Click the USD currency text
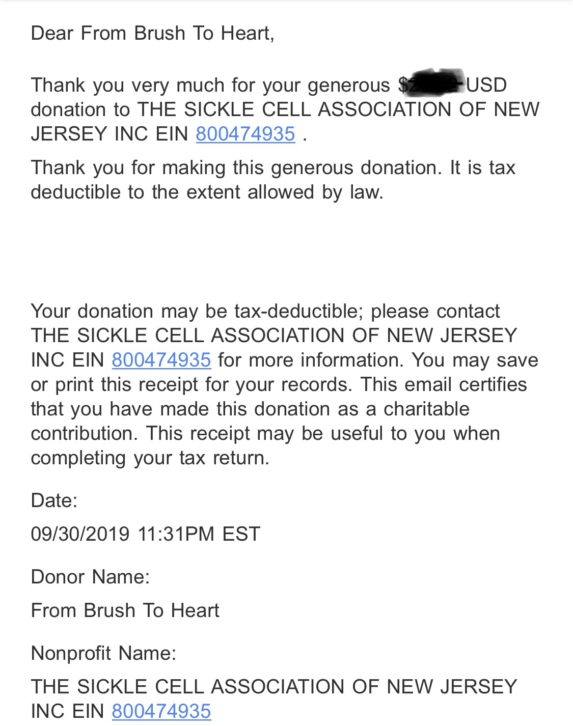pos(486,85)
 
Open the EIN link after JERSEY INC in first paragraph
pos(245,134)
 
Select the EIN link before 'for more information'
pos(161,360)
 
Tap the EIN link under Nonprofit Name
pos(161,711)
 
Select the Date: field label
pos(54,500)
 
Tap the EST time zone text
pos(241,534)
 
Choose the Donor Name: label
pos(90,577)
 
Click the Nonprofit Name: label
pos(103,653)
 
